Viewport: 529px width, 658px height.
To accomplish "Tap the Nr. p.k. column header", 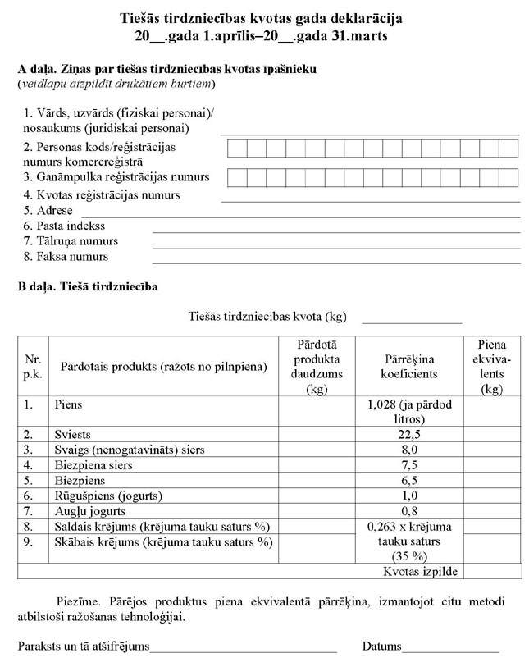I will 33,367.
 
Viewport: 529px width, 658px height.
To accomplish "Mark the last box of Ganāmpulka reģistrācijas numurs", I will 508,177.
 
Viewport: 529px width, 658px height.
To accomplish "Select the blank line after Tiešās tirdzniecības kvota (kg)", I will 412,322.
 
